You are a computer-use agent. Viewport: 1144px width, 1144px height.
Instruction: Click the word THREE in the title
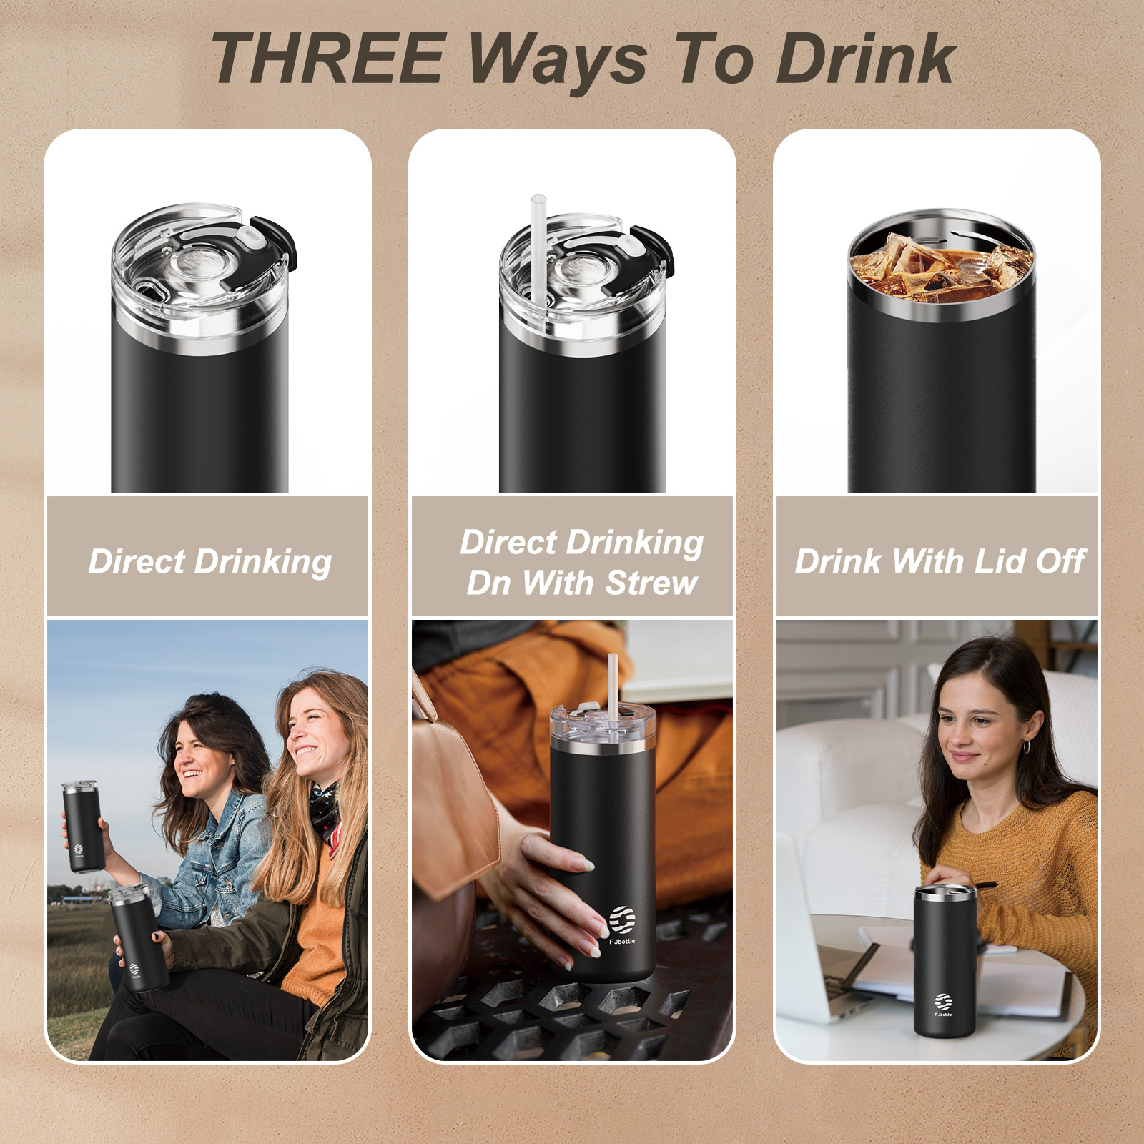coord(329,59)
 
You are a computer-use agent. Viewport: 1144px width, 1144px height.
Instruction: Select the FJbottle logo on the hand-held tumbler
coord(622,925)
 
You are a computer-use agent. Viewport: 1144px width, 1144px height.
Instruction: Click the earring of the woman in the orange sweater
coord(1027,746)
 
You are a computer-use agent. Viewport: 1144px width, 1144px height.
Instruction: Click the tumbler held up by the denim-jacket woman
coord(82,827)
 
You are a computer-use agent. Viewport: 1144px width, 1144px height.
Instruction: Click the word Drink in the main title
coord(866,59)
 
